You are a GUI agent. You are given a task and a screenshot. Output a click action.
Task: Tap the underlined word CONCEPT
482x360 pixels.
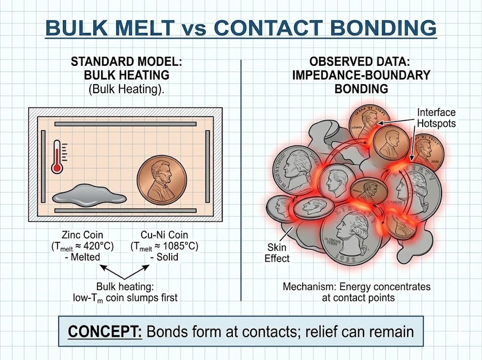(104, 331)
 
